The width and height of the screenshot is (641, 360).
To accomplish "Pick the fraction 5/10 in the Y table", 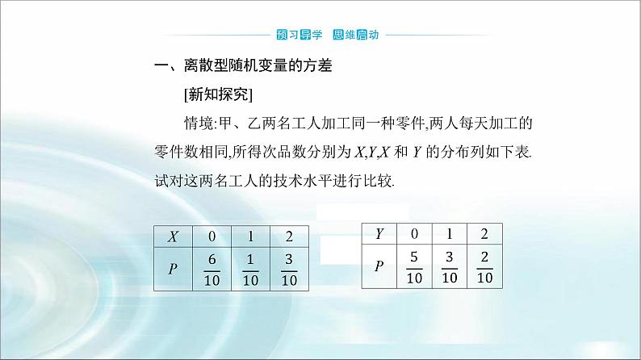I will click(x=414, y=267).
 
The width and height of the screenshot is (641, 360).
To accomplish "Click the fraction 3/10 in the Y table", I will click(x=450, y=267).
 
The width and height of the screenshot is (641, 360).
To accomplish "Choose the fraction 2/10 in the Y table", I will click(x=485, y=267).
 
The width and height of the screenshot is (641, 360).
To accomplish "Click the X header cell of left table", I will click(x=172, y=237).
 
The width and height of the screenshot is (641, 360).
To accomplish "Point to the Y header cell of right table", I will click(x=379, y=234).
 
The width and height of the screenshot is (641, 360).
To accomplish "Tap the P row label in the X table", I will click(x=172, y=269).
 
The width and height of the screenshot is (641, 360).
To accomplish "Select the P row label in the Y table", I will click(x=379, y=266).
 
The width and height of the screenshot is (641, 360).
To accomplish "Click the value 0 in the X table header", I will click(x=212, y=237).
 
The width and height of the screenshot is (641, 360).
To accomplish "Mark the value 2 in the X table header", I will click(x=289, y=237).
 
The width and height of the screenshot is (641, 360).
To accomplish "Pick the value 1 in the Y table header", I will click(x=450, y=234).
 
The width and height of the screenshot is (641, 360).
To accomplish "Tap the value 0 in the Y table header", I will click(x=414, y=234).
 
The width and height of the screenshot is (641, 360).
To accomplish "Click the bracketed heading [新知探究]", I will click(x=219, y=95).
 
